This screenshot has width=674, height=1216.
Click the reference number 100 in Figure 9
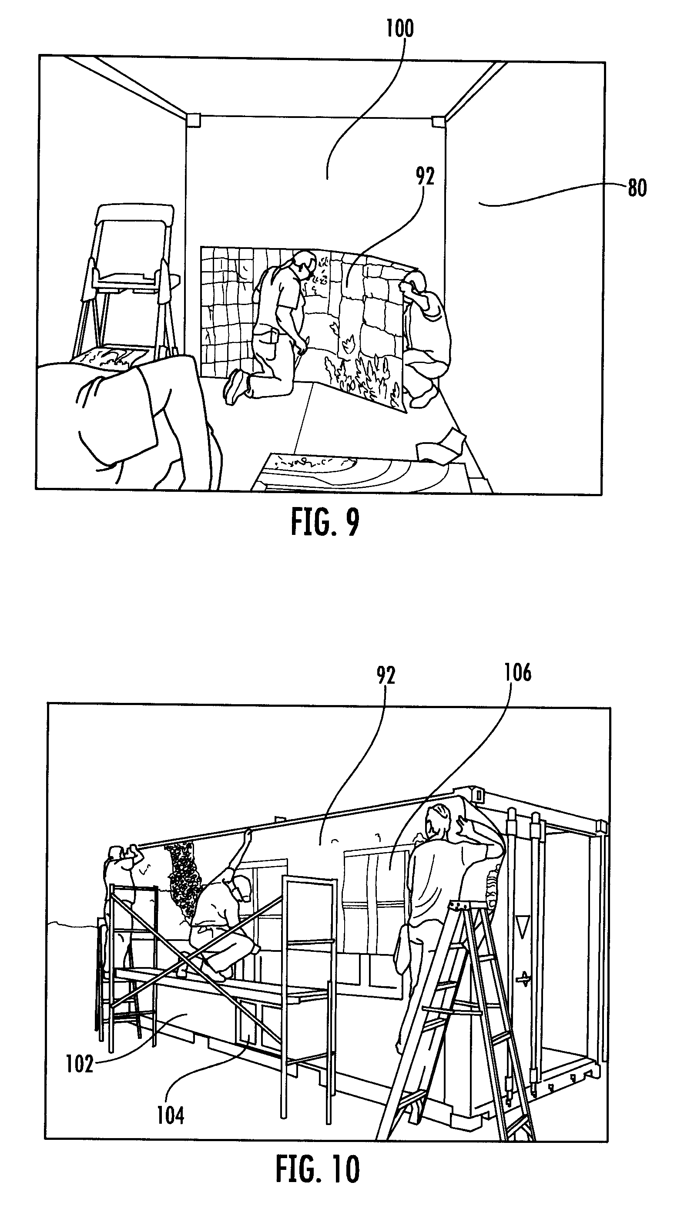(400, 28)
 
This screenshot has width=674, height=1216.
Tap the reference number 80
(637, 188)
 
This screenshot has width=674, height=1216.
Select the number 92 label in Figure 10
(386, 675)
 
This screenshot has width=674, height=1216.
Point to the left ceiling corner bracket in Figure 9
(194, 121)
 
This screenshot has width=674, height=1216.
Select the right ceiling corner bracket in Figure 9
(439, 122)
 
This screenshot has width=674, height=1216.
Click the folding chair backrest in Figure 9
(134, 215)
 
